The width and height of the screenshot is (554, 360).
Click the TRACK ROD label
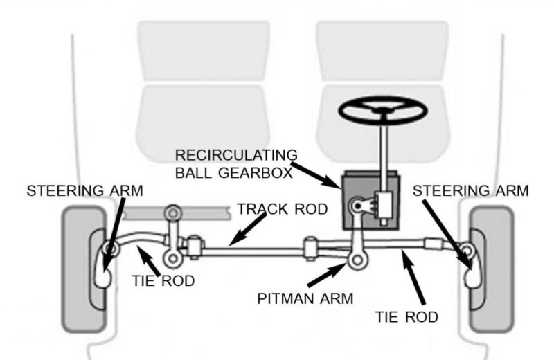point(281,209)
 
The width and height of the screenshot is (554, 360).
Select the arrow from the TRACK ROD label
point(247,228)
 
